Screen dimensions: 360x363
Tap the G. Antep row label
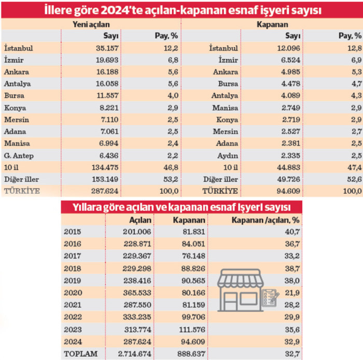tap(18, 155)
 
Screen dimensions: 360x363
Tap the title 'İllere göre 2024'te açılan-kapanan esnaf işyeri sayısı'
tap(181, 10)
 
